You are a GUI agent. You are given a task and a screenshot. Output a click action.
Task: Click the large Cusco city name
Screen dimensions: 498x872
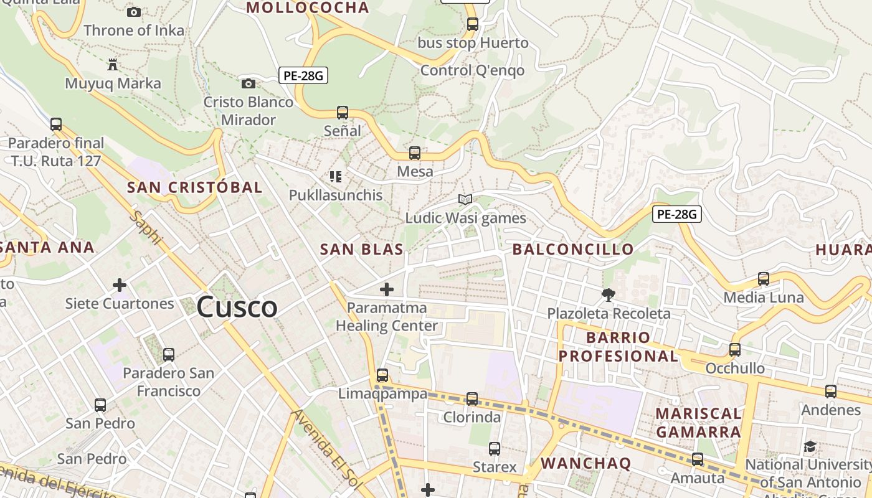pos(237,307)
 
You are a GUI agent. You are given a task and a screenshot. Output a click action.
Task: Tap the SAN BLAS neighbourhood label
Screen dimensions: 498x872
pos(361,250)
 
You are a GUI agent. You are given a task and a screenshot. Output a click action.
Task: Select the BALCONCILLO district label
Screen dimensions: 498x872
pos(572,250)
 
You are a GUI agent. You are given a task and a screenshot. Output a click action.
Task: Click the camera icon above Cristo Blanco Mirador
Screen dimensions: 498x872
pos(248,83)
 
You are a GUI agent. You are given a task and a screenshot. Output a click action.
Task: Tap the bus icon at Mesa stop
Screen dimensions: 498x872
pos(415,153)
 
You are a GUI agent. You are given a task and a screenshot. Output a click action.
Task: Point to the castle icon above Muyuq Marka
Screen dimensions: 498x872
pos(113,64)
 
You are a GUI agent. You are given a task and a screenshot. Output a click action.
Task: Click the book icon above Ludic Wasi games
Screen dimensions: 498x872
pos(465,199)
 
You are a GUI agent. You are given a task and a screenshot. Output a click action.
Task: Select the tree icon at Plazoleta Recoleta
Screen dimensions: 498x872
pos(608,294)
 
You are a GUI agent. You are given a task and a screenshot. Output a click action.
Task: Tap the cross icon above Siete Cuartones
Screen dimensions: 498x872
pos(120,285)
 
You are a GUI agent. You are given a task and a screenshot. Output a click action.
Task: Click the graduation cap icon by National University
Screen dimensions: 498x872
pos(810,446)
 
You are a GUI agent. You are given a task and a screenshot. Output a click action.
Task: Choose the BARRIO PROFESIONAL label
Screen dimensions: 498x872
pos(618,347)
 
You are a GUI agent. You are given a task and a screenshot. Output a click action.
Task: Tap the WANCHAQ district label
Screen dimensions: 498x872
pos(585,463)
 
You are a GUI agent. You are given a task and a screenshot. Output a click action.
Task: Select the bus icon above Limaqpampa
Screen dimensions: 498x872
pos(382,375)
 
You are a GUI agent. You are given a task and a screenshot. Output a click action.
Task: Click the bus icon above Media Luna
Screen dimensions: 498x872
pos(764,279)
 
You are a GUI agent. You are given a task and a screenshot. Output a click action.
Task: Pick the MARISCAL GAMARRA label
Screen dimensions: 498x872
pos(698,423)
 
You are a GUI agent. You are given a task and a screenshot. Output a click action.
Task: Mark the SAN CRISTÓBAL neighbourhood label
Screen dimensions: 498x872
pos(194,187)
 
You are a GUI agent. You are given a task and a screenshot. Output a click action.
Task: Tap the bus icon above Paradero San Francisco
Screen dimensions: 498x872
pos(168,355)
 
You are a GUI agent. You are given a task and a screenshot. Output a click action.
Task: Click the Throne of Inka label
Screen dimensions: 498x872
pos(134,31)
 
